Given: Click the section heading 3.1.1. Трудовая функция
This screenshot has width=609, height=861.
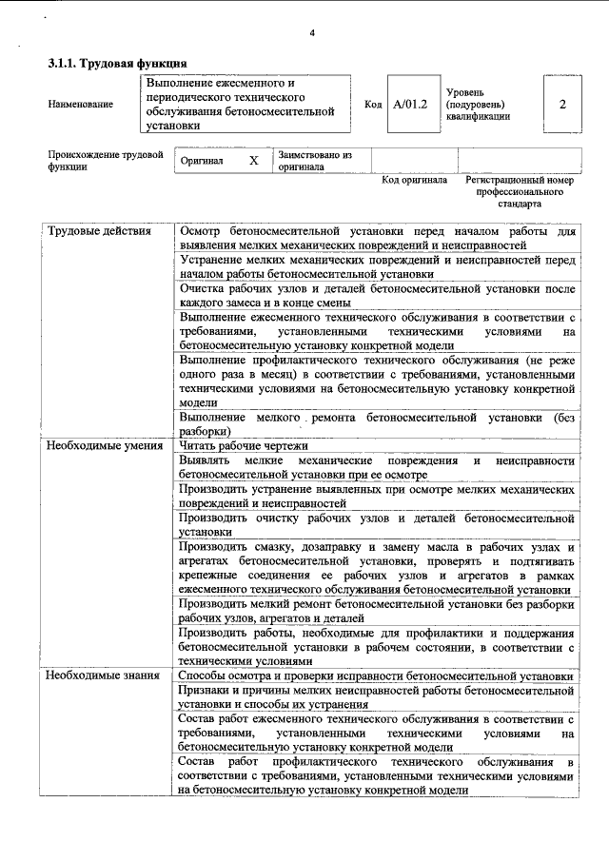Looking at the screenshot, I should coord(109,64).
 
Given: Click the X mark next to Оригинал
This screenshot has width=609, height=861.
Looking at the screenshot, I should coord(253,161).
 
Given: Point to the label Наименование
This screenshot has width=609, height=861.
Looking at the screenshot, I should coord(80,105).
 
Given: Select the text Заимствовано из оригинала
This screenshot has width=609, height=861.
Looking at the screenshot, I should coord(315,160).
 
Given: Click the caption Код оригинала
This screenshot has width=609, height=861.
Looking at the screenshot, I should coord(414,180).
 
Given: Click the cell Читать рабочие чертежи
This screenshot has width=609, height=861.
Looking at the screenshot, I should coord(244,445).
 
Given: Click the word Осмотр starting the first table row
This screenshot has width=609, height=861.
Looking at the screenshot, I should coord(200,232).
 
